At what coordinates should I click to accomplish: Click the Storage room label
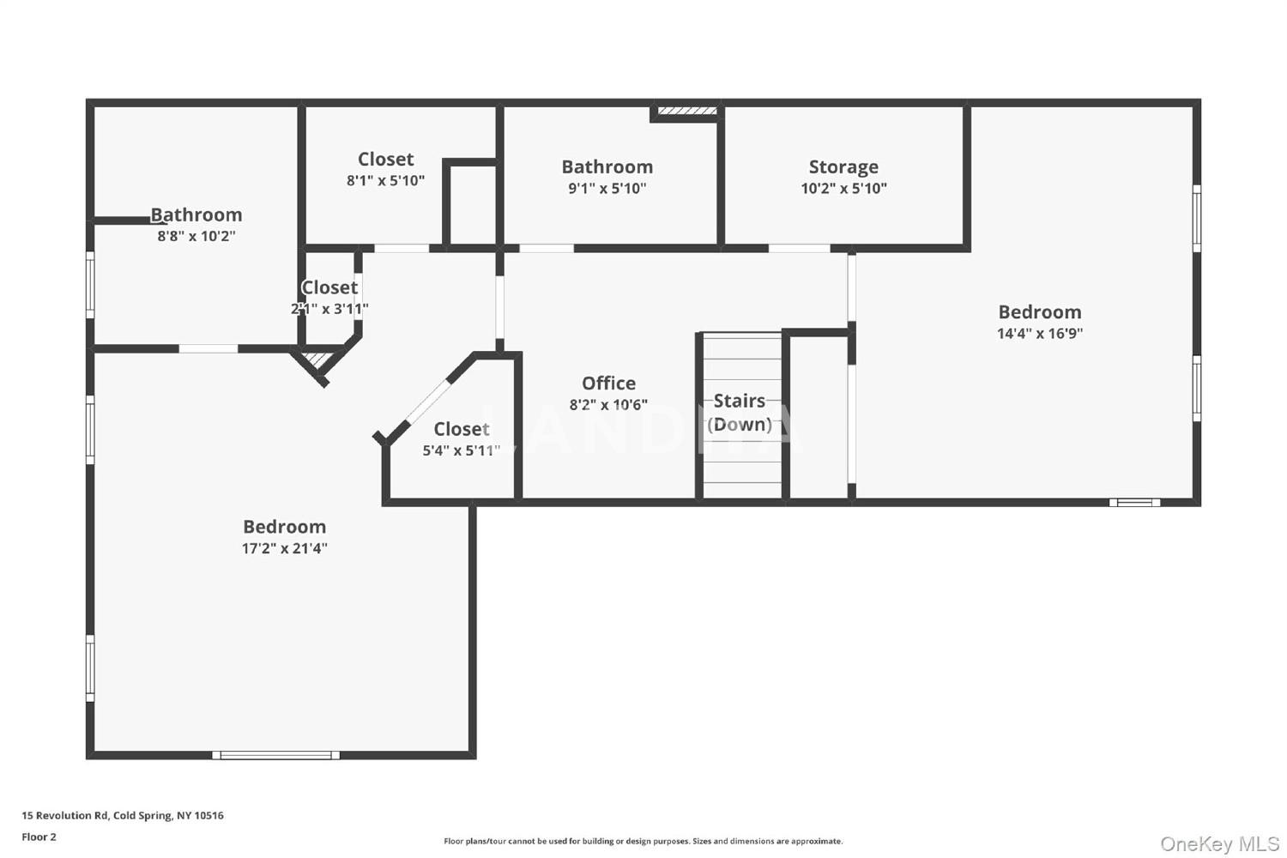[843, 166]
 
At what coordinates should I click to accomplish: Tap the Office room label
[608, 383]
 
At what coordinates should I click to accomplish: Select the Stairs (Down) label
[740, 412]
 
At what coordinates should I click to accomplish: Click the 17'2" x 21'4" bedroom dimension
[284, 548]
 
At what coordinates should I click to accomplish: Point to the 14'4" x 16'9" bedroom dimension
[1040, 333]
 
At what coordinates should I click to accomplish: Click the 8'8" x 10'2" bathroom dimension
[196, 236]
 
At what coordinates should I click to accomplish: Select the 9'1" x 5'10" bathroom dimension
[607, 188]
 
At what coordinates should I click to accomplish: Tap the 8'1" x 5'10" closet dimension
[385, 180]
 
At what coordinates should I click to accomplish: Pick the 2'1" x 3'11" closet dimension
[329, 309]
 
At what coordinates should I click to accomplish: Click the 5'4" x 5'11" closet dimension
[462, 450]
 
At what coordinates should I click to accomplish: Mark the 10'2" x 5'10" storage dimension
[843, 188]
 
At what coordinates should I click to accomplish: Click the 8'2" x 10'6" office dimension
[608, 405]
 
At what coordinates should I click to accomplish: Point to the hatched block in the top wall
[687, 111]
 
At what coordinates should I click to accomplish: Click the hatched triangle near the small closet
[317, 360]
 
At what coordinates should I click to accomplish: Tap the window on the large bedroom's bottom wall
[275, 755]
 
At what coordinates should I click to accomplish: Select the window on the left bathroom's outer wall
[90, 285]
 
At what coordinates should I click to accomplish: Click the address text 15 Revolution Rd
[123, 815]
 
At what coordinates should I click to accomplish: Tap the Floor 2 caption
[39, 837]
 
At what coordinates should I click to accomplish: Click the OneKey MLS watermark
[1220, 843]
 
